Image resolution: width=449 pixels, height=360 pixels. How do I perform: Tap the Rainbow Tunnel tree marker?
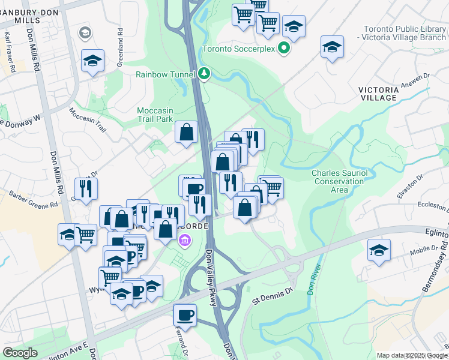point(205,74)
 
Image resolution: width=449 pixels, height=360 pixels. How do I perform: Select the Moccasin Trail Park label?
point(158,115)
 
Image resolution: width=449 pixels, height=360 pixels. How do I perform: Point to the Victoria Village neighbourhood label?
point(378,94)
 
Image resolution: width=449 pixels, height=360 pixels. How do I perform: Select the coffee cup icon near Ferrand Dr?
point(185,315)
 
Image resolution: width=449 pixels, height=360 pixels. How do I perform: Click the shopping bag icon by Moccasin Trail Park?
point(187,131)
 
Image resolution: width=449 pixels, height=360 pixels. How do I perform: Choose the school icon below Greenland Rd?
point(92,61)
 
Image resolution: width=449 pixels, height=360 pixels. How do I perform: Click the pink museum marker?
point(185,241)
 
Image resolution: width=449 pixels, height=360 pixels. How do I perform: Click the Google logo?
point(20,353)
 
